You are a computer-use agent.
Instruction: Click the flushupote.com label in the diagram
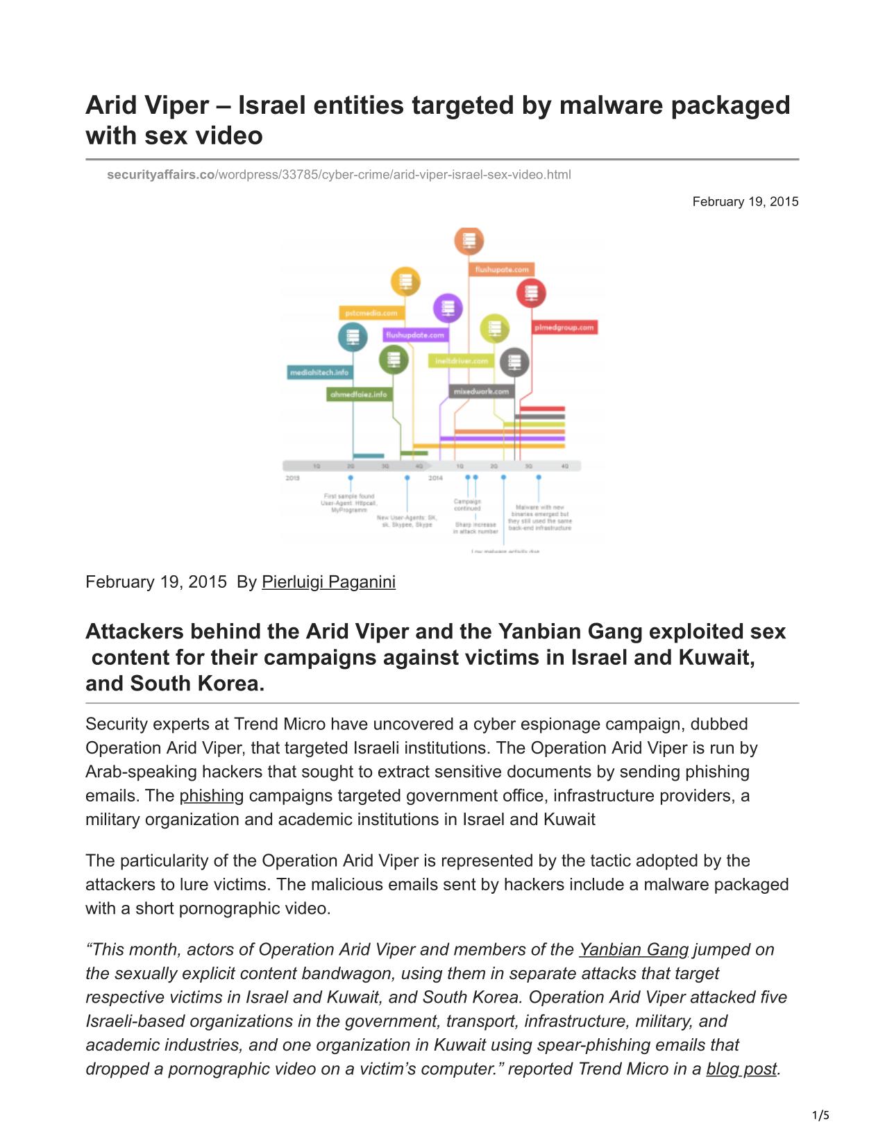[x=502, y=269]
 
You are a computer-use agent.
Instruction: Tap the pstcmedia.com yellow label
[x=372, y=313]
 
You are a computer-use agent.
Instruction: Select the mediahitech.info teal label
[x=319, y=373]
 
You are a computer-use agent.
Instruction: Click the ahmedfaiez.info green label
[x=359, y=394]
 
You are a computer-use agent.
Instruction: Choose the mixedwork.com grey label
[x=481, y=391]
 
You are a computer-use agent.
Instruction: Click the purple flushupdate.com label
[x=415, y=335]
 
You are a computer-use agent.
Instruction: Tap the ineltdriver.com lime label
[x=462, y=361]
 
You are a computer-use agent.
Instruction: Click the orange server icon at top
[x=469, y=241]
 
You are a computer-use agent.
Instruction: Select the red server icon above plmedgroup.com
[x=531, y=292]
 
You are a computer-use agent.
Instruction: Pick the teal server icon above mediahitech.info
[x=353, y=337]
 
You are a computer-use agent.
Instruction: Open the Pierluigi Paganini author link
[x=328, y=582]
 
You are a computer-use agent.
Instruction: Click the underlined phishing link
[x=211, y=796]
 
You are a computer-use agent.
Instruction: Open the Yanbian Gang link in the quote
[x=633, y=950]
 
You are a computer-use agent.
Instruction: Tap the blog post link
[x=741, y=1069]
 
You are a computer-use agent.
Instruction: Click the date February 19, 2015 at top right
[x=745, y=202]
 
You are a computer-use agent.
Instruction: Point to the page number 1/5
[x=820, y=1116]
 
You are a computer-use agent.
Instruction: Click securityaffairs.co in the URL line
[x=161, y=175]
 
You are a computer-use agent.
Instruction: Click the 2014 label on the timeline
[x=435, y=478]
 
